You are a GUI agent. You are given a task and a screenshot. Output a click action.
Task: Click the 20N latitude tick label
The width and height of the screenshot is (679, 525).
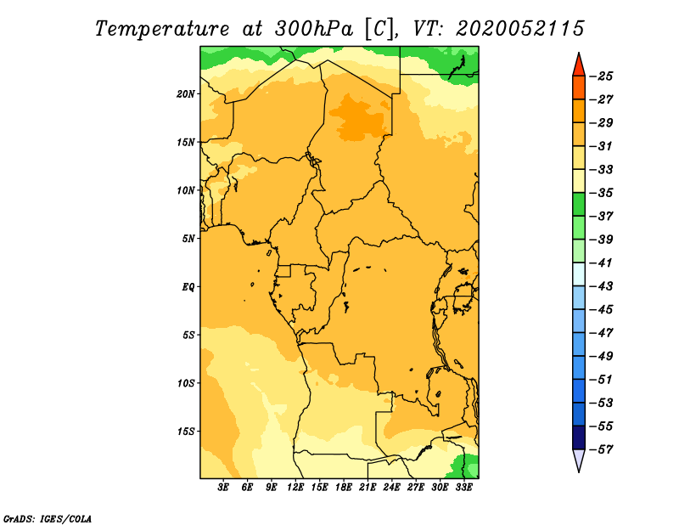185,94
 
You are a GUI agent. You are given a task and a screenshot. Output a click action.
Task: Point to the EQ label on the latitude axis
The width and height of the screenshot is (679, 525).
188,287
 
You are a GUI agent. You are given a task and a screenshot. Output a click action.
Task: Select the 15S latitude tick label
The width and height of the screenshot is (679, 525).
185,432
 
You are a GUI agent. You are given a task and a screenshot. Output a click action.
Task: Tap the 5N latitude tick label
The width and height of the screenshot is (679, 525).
188,239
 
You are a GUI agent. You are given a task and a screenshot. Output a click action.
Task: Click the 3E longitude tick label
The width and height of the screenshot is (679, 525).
223,488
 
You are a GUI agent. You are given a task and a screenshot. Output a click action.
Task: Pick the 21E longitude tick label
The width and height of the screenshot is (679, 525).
368,488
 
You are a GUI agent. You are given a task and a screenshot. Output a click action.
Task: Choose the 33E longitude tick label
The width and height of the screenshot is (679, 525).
463,488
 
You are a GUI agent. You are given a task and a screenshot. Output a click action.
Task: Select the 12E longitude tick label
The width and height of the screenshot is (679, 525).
295,488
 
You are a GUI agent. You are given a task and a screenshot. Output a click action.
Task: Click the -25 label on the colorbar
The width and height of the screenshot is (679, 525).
601,76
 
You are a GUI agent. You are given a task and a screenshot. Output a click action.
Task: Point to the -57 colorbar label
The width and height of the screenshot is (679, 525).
601,449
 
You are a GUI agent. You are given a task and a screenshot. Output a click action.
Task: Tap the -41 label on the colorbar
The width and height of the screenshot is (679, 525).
601,263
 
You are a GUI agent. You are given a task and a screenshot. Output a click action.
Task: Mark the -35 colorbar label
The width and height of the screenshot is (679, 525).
601,193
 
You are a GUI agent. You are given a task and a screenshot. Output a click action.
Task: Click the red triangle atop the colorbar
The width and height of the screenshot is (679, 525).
579,66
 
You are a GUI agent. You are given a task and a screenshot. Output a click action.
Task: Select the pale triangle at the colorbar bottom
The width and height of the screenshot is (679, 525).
579,459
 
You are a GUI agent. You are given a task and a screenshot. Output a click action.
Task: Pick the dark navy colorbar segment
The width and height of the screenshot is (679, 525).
579,437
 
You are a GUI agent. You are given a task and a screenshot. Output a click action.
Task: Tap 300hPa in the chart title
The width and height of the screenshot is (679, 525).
313,29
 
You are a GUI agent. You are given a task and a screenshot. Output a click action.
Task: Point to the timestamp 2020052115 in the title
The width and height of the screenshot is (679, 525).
520,29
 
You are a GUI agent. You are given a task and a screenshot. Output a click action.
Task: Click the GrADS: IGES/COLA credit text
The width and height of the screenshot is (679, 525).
48,518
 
